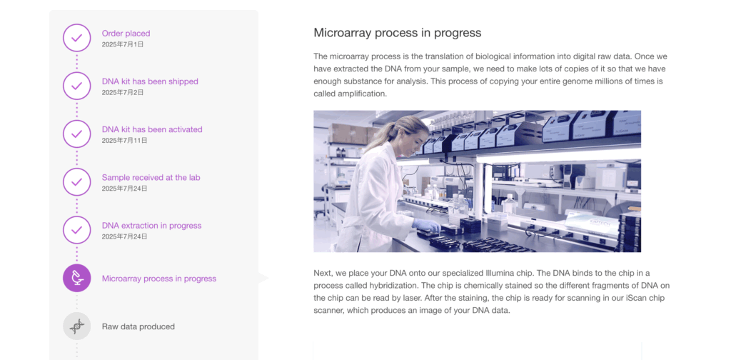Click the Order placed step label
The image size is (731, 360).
coord(126,34)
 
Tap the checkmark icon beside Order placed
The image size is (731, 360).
coord(77,38)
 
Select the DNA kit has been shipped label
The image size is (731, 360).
coord(150,81)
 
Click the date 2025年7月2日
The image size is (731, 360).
coord(123,92)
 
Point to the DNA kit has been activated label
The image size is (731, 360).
coord(152,129)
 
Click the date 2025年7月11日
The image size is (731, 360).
coord(124,141)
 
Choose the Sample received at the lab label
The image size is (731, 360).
coord(151,178)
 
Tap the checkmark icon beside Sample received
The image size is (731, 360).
coord(77,182)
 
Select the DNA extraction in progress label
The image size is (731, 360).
coord(151,226)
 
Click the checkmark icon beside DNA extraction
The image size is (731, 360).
coord(77,230)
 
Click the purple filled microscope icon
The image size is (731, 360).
coord(77,278)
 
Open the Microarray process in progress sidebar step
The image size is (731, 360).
coord(159,279)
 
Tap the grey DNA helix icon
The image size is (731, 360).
coord(77,326)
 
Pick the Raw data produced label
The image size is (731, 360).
coord(138,327)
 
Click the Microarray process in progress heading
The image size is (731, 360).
coord(397,33)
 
